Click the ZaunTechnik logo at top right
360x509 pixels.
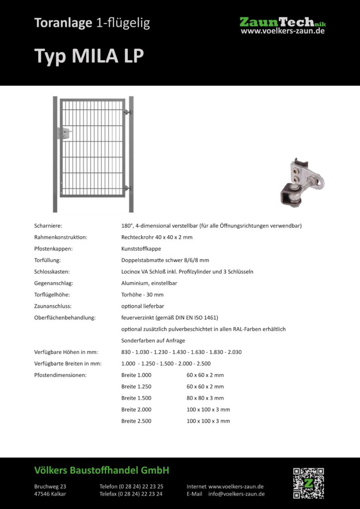[x=282, y=25]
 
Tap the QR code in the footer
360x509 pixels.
[x=308, y=483]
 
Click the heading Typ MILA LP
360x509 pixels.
[x=89, y=56]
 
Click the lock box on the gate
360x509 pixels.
[x=65, y=133]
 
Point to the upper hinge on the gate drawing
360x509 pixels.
[x=128, y=113]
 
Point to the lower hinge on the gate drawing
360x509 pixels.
[x=128, y=188]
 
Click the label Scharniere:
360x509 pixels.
[x=48, y=226]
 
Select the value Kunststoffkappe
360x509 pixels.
[x=141, y=249]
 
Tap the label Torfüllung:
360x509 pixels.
[x=48, y=260]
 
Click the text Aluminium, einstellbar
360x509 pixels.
[x=149, y=283]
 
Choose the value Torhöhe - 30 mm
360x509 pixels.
[x=142, y=294]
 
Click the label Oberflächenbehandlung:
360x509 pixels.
[x=65, y=317]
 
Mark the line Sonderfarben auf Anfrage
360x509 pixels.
[x=153, y=340]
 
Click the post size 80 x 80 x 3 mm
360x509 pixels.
[x=205, y=398]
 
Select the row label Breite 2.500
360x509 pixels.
[x=136, y=421]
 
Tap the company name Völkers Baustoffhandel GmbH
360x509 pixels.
[x=102, y=470]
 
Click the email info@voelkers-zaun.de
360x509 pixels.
[x=236, y=494]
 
